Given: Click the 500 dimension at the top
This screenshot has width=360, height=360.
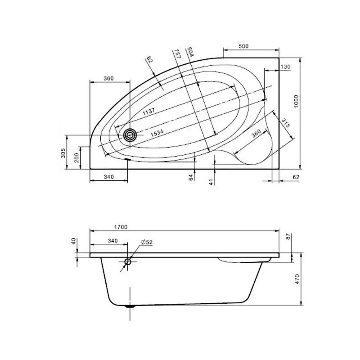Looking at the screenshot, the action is pyautogui.click(x=243, y=46).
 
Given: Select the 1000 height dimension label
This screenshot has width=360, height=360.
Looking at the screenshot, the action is pyautogui.click(x=296, y=102).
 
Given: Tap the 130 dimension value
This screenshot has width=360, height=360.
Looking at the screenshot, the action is pyautogui.click(x=285, y=67).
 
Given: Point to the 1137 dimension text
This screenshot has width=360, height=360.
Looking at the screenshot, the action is pyautogui.click(x=149, y=112).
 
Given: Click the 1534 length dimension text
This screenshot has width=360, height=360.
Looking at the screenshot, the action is pyautogui.click(x=157, y=133).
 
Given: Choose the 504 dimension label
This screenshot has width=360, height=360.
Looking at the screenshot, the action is pyautogui.click(x=191, y=52).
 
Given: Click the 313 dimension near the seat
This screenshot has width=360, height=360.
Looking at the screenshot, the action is pyautogui.click(x=285, y=122).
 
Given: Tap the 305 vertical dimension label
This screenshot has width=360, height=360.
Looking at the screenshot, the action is pyautogui.click(x=63, y=153).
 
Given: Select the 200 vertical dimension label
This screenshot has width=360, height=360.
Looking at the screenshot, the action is pyautogui.click(x=76, y=158).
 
